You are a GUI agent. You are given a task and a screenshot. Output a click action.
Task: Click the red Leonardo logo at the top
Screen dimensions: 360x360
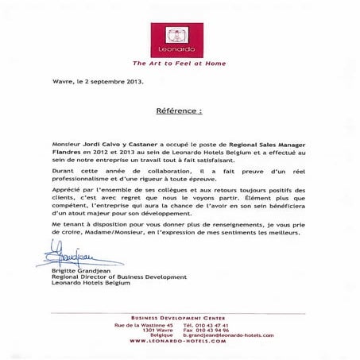pos(179,37)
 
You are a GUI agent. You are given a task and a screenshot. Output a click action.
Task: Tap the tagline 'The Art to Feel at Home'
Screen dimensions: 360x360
pos(179,63)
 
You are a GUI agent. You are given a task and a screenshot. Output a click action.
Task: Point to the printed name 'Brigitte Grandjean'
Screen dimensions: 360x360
pos(72,270)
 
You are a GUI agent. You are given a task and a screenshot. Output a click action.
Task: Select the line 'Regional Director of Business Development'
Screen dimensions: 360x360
pos(111,277)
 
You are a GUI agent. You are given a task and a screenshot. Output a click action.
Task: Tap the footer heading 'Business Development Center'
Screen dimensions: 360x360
pos(180,318)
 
